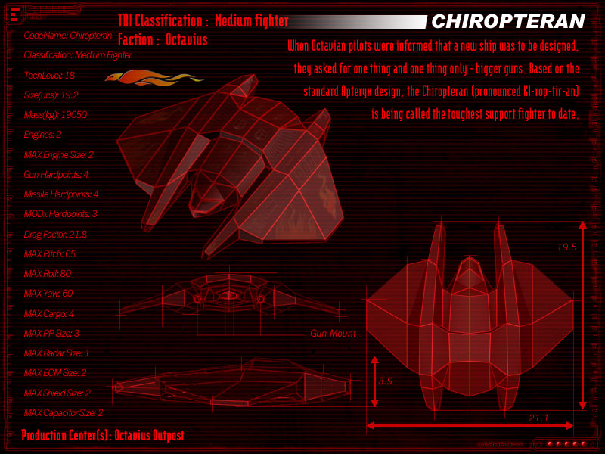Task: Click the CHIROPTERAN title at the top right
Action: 507,21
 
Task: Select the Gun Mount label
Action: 333,333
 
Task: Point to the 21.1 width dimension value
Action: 538,418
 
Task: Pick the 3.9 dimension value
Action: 385,381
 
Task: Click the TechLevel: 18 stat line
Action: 49,76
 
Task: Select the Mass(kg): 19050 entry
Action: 55,115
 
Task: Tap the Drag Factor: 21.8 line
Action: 55,235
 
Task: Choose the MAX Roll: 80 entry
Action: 48,274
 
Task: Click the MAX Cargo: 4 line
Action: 49,313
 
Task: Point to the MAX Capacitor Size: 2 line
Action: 64,413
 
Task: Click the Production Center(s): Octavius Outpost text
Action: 103,436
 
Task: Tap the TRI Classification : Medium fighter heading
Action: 203,21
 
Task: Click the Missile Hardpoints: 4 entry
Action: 61,194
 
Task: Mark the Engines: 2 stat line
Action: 42,135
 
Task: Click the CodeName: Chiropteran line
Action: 67,36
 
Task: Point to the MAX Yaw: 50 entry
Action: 48,294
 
